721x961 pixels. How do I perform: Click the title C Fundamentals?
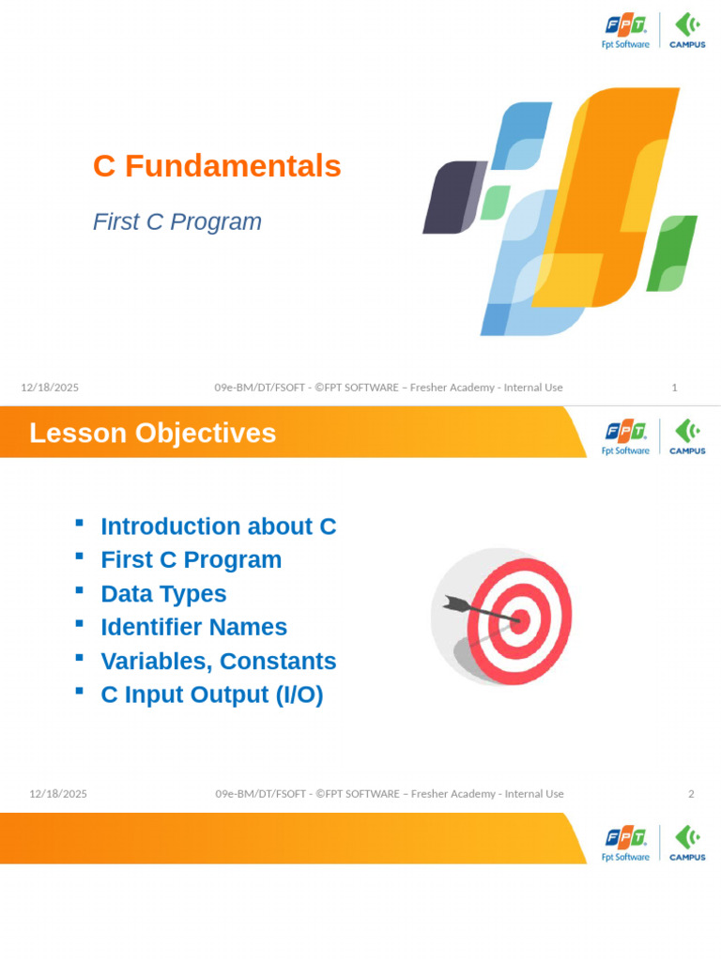coord(217,166)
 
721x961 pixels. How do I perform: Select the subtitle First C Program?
coord(176,222)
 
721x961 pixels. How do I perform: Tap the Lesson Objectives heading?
coord(152,434)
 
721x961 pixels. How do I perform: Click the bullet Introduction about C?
coord(218,526)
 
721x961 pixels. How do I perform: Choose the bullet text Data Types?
coord(163,594)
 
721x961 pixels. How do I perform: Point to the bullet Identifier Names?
coord(193,627)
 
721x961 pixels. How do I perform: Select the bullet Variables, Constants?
coord(218,661)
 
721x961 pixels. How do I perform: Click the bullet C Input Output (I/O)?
coord(211,694)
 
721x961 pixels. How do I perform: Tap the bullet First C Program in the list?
coord(191,560)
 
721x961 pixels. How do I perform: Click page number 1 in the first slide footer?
coord(674,388)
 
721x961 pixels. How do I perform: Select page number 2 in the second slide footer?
coord(691,794)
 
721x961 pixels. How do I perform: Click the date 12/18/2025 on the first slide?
coord(50,388)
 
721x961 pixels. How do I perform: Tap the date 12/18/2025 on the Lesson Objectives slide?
coord(58,794)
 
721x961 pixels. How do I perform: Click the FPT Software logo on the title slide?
coord(625,31)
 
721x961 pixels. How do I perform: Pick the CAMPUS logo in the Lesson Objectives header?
coord(687,436)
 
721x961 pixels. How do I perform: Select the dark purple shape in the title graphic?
coord(453,197)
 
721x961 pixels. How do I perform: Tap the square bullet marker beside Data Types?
coord(80,590)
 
